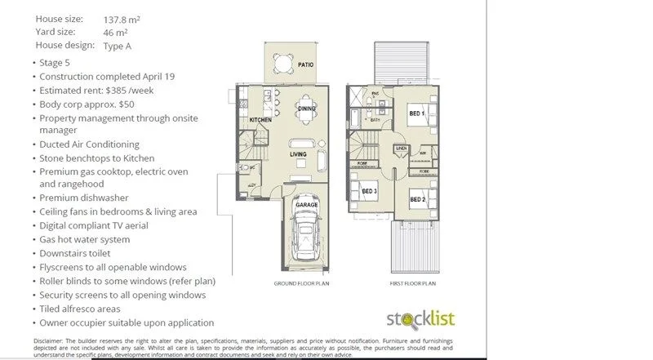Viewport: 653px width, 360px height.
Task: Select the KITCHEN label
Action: pos(260,120)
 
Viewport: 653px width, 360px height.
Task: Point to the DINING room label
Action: pos(306,109)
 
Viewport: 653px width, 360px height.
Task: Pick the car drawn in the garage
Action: pos(307,230)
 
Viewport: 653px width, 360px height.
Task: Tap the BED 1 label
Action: pos(417,113)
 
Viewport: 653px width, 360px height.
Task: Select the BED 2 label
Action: pos(417,199)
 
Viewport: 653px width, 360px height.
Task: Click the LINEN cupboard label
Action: pos(401,148)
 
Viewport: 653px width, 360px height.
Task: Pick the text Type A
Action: pos(119,46)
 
